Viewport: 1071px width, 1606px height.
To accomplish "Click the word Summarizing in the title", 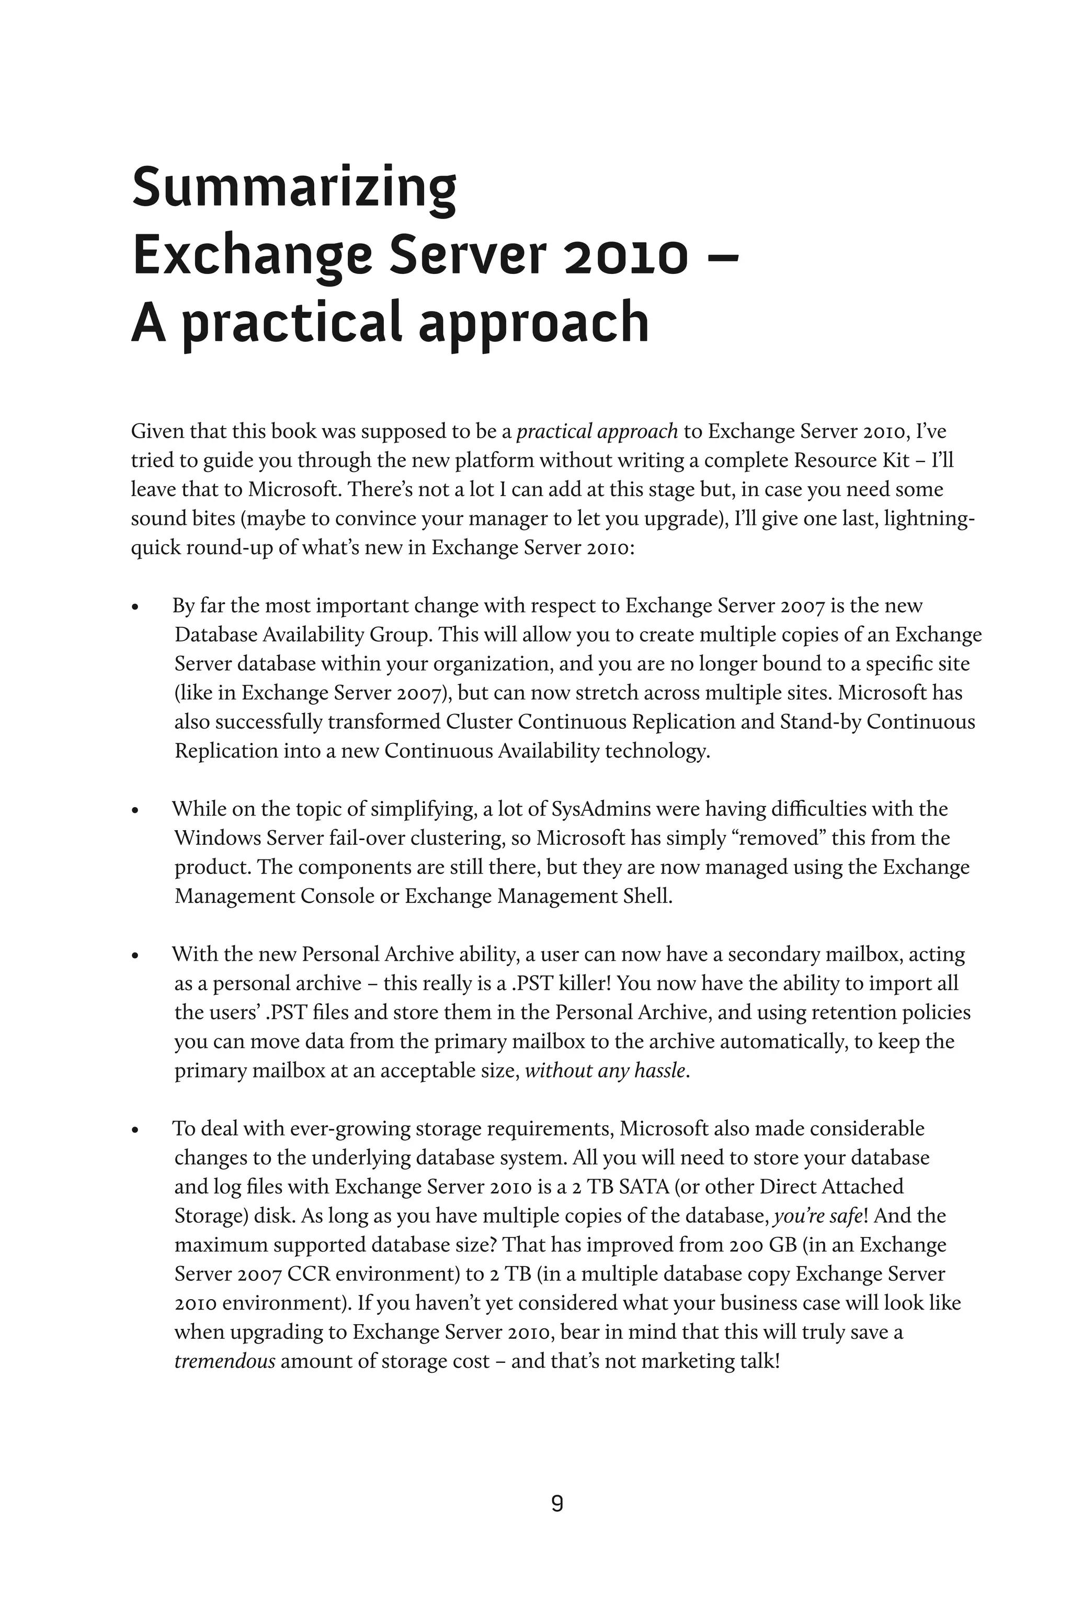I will (x=294, y=190).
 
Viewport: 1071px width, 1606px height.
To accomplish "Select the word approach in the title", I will (x=533, y=324).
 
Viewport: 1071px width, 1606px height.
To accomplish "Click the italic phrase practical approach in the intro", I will (x=597, y=431).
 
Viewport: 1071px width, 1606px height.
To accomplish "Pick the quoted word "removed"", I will (x=779, y=838).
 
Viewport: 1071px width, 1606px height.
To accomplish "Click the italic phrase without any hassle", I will (x=605, y=1071).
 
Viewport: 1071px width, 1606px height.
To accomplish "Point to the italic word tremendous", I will (x=225, y=1361).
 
